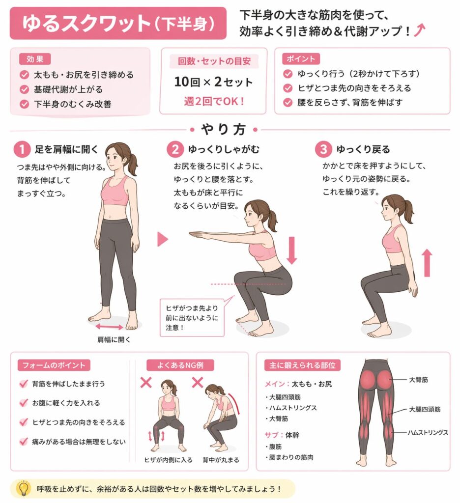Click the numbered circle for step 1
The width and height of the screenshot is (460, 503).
22,149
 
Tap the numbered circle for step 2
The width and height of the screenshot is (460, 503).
175,149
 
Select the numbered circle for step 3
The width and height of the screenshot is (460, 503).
323,149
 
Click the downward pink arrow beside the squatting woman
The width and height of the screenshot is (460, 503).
292,250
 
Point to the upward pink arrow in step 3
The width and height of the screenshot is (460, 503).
427,263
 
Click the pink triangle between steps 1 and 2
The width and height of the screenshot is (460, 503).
163,239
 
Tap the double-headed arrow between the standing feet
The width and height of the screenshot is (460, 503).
109,327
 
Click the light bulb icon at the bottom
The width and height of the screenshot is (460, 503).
24,489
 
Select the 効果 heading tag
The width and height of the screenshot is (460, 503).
35,59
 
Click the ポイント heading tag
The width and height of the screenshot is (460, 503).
301,59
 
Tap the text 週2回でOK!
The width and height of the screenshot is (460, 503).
214,102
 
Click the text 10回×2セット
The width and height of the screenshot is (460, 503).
213,82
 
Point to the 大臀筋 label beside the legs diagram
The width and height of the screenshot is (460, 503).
418,380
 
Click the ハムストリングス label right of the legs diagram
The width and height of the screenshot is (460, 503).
428,433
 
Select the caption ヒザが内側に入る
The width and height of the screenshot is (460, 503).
169,460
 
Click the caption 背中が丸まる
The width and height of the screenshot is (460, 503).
221,460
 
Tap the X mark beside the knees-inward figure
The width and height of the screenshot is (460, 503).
146,382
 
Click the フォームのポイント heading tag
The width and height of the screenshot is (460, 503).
54,365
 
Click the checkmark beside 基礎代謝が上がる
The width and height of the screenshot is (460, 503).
25,89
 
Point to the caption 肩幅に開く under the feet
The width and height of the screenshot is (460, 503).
114,339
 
